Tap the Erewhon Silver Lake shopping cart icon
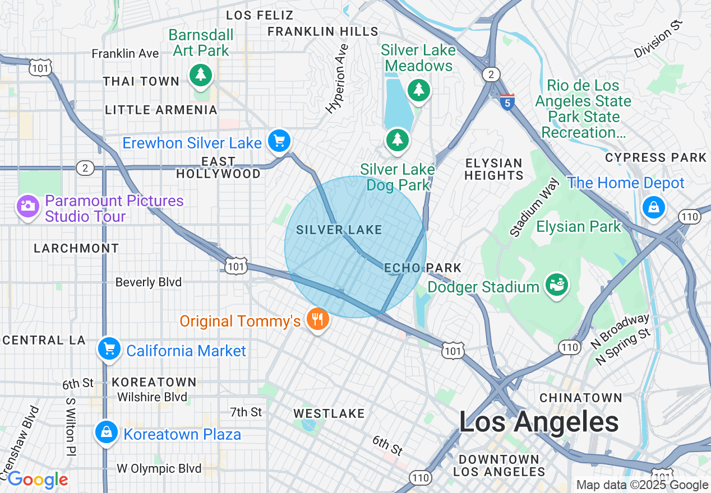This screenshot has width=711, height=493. (x=279, y=141)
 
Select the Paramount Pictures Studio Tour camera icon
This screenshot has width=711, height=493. (x=27, y=207)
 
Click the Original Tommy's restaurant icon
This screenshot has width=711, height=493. (x=318, y=320)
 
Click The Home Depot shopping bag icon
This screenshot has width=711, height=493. (x=653, y=207)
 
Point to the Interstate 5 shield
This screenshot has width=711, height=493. (x=507, y=102)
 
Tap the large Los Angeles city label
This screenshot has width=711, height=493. (x=538, y=422)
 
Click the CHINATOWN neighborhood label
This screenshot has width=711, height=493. (x=580, y=398)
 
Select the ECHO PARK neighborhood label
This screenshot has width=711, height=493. (x=423, y=268)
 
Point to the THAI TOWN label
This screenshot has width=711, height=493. (x=141, y=81)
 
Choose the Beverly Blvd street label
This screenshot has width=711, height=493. (x=148, y=282)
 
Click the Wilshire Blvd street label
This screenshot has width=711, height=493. (x=152, y=397)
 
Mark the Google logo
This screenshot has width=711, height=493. (x=38, y=480)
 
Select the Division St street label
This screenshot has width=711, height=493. (x=659, y=38)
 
